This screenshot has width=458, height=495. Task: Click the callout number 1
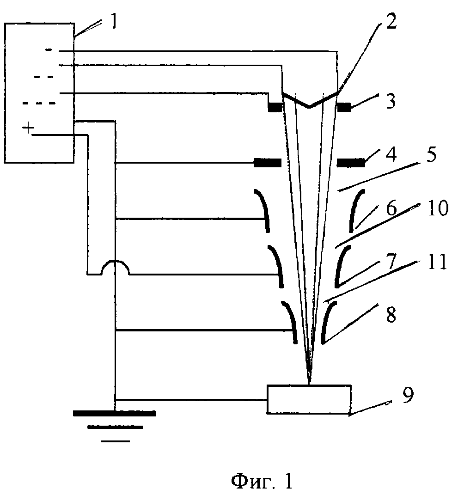(114, 22)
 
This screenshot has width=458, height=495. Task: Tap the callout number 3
(391, 101)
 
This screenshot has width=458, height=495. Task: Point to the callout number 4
(391, 155)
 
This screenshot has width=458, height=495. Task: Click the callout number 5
(430, 155)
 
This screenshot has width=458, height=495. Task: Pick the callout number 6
(391, 208)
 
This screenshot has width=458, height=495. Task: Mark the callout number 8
(391, 315)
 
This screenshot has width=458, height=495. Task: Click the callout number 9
(408, 396)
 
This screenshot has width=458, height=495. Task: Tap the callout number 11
(437, 262)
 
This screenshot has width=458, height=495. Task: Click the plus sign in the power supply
(28, 128)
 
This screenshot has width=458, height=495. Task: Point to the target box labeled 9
(309, 399)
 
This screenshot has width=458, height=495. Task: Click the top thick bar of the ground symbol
(114, 413)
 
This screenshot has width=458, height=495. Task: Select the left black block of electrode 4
(267, 163)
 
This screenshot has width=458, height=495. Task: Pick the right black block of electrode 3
(344, 108)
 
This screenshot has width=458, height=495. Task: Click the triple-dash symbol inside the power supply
(39, 103)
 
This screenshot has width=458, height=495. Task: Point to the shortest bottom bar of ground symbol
(115, 441)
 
